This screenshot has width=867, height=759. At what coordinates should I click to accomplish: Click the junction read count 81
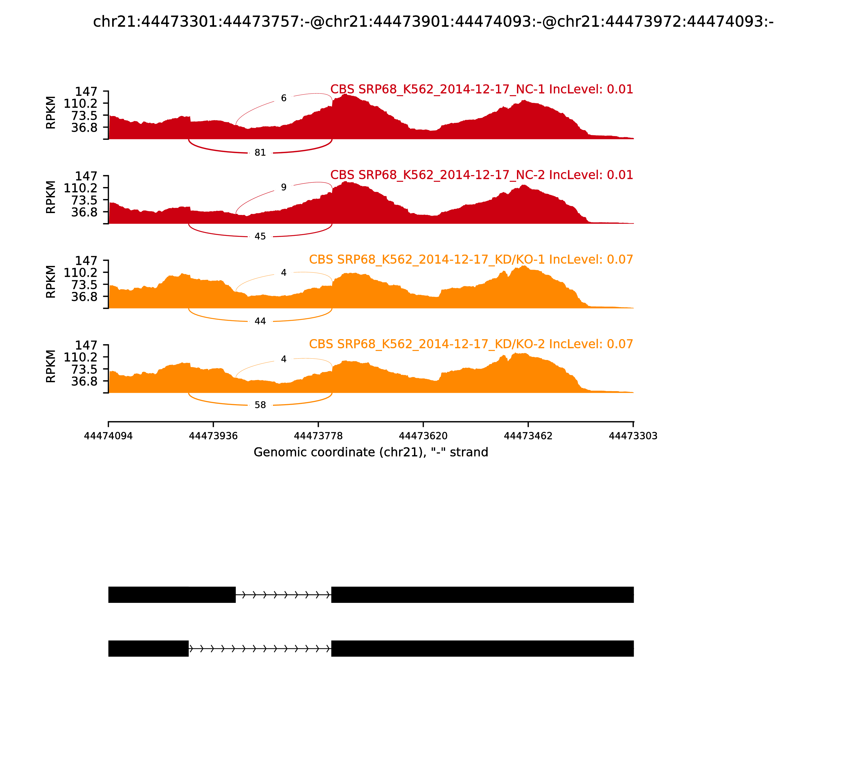[260, 152]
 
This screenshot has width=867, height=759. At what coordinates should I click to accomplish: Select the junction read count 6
[284, 98]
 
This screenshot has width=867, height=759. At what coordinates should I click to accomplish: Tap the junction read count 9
[284, 187]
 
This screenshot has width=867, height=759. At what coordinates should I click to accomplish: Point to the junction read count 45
[260, 236]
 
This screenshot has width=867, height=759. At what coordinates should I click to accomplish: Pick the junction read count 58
[260, 405]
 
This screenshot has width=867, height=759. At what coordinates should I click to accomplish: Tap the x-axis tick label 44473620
[423, 436]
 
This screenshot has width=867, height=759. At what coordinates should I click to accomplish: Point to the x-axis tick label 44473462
[528, 436]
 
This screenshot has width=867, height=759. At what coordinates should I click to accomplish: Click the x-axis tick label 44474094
[108, 436]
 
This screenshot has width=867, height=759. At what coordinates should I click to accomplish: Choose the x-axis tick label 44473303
[633, 436]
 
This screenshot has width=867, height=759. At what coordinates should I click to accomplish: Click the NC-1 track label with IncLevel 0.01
[481, 89]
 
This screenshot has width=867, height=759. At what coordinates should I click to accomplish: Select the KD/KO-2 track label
[471, 344]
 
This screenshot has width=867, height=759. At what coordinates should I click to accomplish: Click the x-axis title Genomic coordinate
[371, 452]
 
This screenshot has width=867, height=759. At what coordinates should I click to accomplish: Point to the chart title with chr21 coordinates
[433, 22]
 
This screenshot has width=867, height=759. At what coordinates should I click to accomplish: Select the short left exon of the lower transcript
[148, 648]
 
